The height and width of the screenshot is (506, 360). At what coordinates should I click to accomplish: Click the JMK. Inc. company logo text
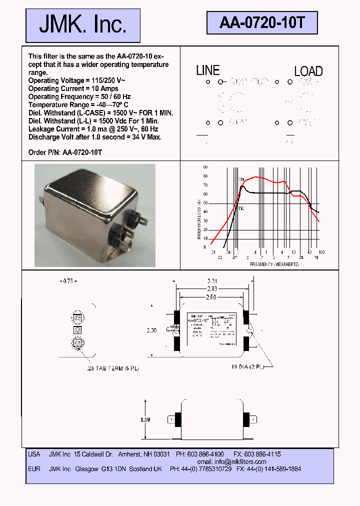click(82, 25)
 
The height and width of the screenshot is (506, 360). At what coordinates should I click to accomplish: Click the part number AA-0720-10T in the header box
click(261, 22)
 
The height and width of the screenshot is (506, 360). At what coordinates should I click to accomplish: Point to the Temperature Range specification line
click(78, 104)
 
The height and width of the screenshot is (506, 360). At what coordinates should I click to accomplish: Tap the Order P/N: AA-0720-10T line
click(65, 152)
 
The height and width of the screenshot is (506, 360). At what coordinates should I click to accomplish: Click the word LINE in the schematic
click(207, 70)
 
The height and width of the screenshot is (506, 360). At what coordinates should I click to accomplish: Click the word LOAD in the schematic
click(308, 71)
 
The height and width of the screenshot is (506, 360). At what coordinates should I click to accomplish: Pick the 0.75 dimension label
click(66, 281)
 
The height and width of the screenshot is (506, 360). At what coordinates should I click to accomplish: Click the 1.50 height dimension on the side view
click(145, 420)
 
